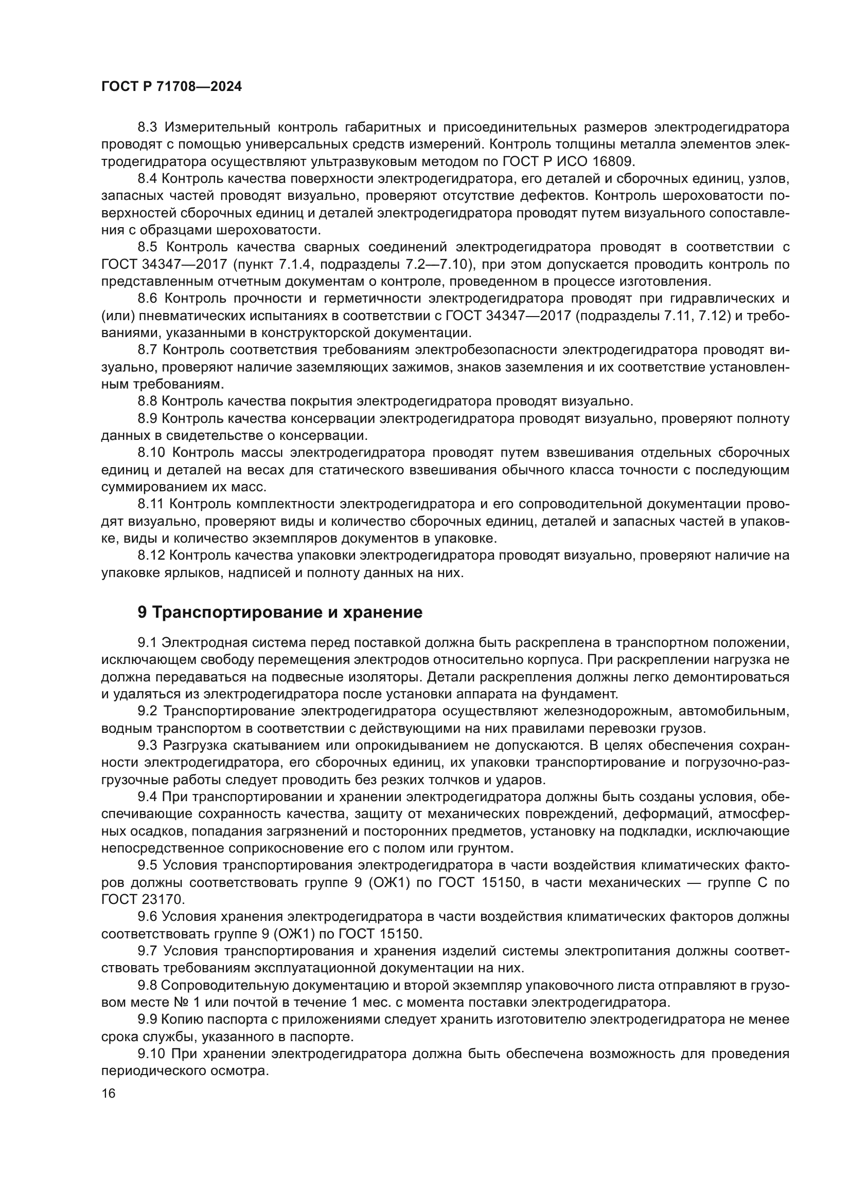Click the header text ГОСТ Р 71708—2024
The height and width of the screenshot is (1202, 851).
(x=171, y=87)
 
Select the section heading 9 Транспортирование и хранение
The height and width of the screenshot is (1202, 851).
(x=280, y=613)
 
